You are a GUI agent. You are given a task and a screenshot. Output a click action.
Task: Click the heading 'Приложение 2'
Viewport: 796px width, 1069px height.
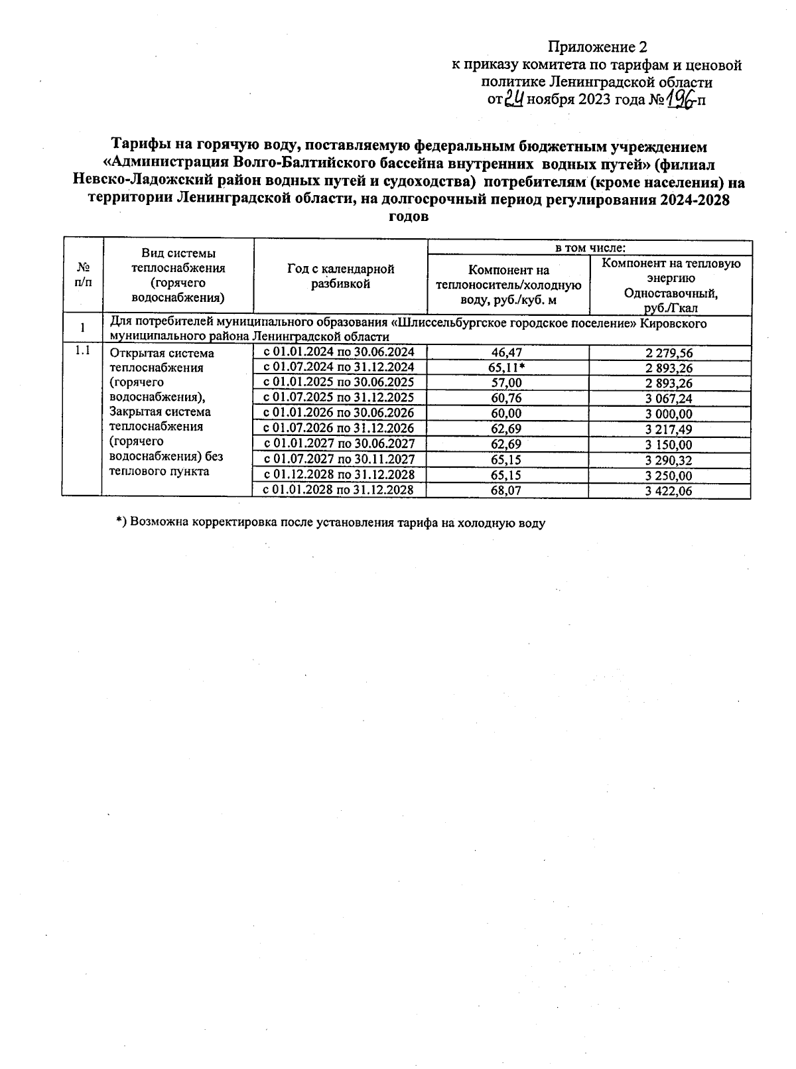(x=597, y=47)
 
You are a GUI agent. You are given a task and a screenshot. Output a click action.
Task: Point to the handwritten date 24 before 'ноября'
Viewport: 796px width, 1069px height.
(x=515, y=100)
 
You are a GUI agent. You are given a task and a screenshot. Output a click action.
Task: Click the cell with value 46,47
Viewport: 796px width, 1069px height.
(x=507, y=353)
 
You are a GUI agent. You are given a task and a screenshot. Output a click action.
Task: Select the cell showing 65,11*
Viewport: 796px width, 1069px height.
(x=507, y=368)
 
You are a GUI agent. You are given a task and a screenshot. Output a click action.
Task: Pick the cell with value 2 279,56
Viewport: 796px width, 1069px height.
(x=669, y=353)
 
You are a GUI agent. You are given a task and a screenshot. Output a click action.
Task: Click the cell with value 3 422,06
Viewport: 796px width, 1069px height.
(x=669, y=491)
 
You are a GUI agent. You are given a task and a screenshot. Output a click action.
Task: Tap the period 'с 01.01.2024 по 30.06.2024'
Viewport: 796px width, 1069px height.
(x=339, y=352)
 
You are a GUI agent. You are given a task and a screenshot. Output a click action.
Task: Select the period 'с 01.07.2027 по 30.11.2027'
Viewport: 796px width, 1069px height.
(x=339, y=459)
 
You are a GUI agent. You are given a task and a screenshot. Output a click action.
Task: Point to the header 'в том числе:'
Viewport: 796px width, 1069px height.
(x=590, y=248)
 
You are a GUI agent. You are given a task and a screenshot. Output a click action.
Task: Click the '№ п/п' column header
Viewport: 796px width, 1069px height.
(x=83, y=274)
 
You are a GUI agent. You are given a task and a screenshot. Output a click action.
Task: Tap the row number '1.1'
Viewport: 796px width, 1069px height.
(x=82, y=350)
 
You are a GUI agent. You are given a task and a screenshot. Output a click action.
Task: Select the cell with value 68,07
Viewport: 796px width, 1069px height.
(x=507, y=491)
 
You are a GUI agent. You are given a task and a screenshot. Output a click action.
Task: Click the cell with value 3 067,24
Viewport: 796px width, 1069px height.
(x=669, y=398)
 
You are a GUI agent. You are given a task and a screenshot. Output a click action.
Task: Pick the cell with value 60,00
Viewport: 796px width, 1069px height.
(x=507, y=413)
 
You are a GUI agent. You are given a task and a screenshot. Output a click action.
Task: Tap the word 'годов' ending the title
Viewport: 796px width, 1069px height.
(x=407, y=217)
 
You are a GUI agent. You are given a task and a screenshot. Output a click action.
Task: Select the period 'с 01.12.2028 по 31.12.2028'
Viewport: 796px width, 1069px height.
(x=339, y=474)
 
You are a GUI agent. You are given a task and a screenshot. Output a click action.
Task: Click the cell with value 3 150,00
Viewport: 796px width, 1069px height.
(x=669, y=444)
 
